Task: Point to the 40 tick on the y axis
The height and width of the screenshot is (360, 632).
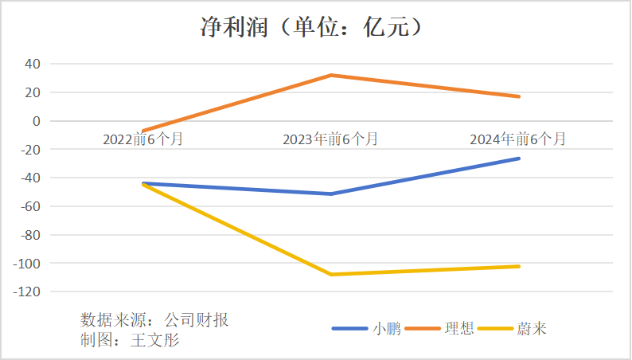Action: (x=34, y=64)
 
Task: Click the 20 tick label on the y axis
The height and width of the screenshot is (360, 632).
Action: (x=34, y=92)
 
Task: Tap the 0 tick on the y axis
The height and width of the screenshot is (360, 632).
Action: (x=37, y=121)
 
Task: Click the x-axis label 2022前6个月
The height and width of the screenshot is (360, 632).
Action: (x=143, y=139)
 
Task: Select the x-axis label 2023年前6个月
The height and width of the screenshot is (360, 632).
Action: (x=330, y=139)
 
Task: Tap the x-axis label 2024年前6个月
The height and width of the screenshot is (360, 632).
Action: (x=518, y=139)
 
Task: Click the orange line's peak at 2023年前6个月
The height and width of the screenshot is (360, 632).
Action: (x=331, y=75)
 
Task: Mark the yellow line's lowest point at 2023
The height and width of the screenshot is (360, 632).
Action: (x=331, y=274)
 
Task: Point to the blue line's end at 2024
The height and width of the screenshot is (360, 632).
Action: (x=519, y=158)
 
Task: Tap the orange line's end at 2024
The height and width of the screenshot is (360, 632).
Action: (x=519, y=96)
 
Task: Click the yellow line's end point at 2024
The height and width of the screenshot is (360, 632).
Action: (x=519, y=266)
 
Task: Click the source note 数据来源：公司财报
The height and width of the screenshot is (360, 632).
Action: (x=154, y=320)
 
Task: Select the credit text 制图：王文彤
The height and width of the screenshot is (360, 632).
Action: (x=131, y=341)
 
